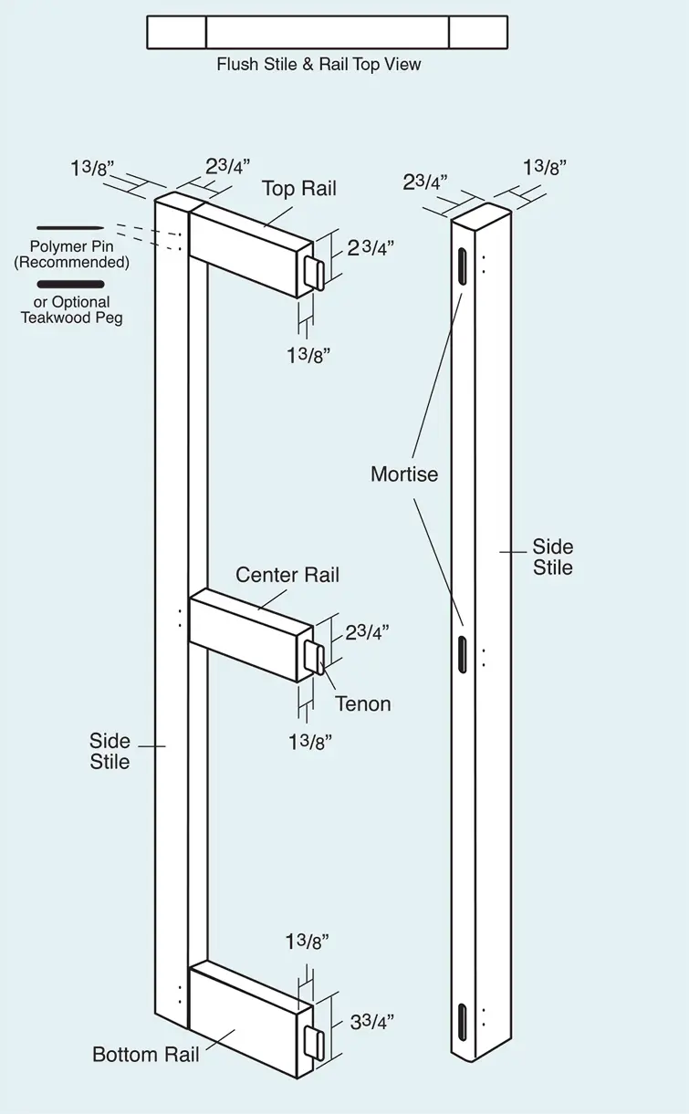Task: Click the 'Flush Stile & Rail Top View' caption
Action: coord(318,65)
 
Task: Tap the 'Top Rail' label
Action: coord(299,189)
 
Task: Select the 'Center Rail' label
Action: coord(287,575)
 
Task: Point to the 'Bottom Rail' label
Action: coord(146,1055)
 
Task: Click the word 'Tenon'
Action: coord(362,703)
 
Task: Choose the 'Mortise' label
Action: coord(404,474)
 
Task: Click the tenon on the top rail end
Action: coord(315,274)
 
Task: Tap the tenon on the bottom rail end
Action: coord(315,1042)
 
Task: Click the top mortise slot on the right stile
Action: coord(463,266)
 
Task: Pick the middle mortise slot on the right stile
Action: coord(463,654)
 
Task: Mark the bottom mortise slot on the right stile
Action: coord(463,1023)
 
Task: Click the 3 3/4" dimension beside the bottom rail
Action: coord(372,1022)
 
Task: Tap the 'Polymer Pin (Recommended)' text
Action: coord(71,255)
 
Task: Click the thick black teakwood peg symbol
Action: coord(70,285)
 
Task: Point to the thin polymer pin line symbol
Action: coord(70,228)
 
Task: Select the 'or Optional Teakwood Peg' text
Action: coord(71,310)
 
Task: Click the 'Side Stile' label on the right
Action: coord(553,557)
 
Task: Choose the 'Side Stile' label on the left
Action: coord(110,751)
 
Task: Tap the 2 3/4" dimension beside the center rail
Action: coord(367,632)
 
